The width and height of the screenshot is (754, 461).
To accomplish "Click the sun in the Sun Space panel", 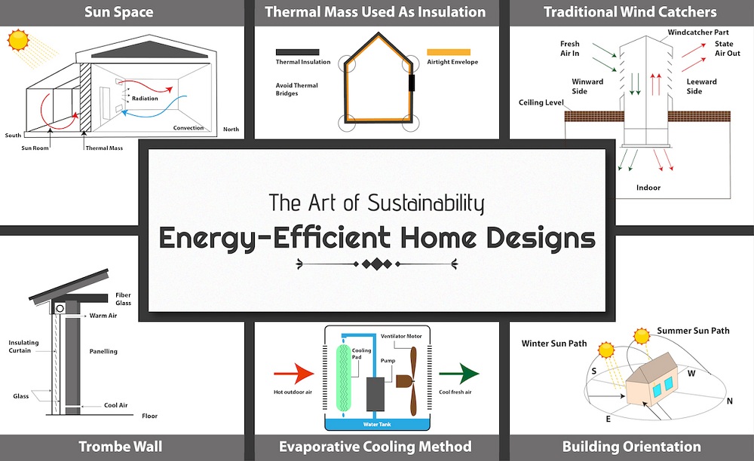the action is pyautogui.click(x=19, y=40).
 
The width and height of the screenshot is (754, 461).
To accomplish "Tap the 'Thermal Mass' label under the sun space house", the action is pyautogui.click(x=104, y=148).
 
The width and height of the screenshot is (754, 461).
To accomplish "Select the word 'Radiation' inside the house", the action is pyautogui.click(x=145, y=99).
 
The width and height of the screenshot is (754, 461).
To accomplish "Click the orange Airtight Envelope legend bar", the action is pyautogui.click(x=449, y=52).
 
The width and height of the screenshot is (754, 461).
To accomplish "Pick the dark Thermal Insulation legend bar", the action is pyautogui.click(x=297, y=52).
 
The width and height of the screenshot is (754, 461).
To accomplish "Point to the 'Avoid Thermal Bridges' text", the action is pyautogui.click(x=296, y=90).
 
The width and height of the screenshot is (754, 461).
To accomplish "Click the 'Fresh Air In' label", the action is pyautogui.click(x=570, y=48).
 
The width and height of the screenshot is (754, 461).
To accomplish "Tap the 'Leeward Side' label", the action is pyautogui.click(x=701, y=87).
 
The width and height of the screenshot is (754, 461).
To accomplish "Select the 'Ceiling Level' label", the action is pyautogui.click(x=541, y=102).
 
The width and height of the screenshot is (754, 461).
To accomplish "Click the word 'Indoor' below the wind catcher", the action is pyautogui.click(x=648, y=188).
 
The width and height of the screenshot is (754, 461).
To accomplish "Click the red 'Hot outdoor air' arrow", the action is pyautogui.click(x=294, y=374).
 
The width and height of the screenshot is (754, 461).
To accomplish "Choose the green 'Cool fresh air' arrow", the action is pyautogui.click(x=459, y=374).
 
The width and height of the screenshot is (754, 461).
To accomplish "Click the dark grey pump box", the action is pyautogui.click(x=375, y=394).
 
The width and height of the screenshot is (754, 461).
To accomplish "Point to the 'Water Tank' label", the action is pyautogui.click(x=377, y=425).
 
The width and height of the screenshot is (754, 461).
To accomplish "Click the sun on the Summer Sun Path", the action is pyautogui.click(x=642, y=336).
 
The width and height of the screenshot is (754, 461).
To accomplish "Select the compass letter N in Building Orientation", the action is pyautogui.click(x=729, y=401).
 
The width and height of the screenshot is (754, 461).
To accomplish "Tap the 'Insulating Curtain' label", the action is pyautogui.click(x=23, y=347).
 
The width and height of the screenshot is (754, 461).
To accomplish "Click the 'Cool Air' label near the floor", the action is pyautogui.click(x=116, y=405).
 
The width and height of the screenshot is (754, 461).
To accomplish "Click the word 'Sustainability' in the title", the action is pyautogui.click(x=425, y=203).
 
